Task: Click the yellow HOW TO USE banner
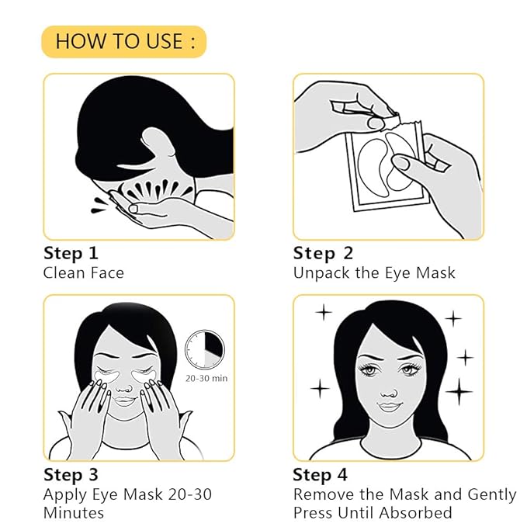(x=124, y=40)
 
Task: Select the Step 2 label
(x=323, y=253)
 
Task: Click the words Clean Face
(x=83, y=272)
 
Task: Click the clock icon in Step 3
(x=204, y=349)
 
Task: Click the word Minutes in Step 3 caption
(x=74, y=513)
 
